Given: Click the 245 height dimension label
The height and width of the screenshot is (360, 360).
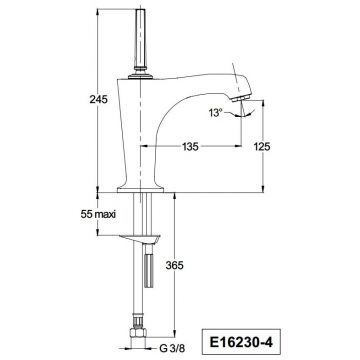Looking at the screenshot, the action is coord(98,99).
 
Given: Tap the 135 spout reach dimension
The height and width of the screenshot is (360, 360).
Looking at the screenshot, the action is coord(190,146).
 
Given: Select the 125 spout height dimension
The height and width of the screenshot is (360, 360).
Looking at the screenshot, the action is coord(262,146).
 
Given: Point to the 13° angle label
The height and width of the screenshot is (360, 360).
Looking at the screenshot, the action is coord(215,113).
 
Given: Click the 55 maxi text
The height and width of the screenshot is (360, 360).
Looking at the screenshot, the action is coord(98,214).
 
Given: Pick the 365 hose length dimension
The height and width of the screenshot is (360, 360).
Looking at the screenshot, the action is coord(175,266).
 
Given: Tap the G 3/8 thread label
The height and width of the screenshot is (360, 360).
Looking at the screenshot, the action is coord(172,349).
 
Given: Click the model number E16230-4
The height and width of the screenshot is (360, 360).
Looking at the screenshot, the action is coord(241,342).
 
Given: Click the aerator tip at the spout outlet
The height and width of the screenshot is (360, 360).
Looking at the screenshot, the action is coord(241,98).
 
